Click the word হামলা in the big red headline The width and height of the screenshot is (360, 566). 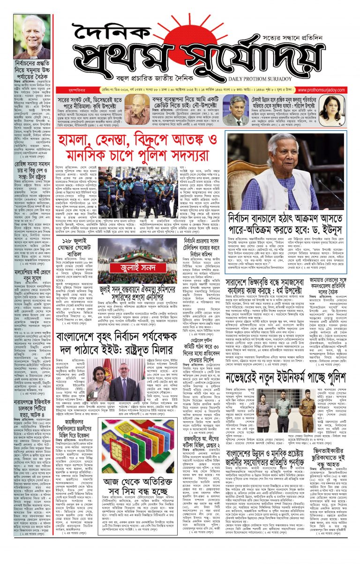[x=79, y=141]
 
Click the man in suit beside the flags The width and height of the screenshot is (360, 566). [x=123, y=375]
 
